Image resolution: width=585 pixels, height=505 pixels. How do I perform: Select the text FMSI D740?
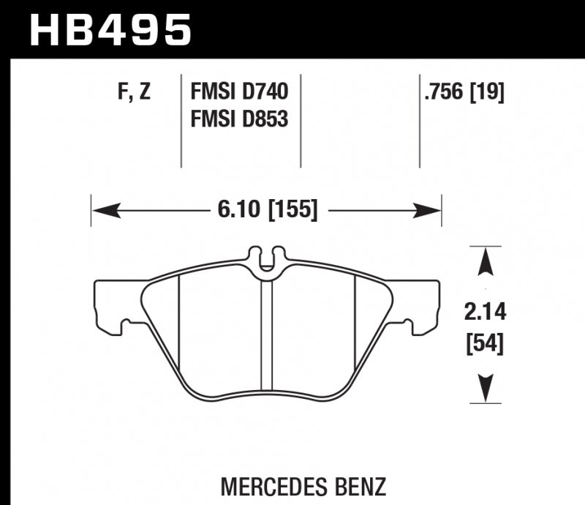point(239,93)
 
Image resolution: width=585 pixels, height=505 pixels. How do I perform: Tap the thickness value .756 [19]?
point(463,93)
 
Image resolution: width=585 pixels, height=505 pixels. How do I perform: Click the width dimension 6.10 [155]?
point(267,211)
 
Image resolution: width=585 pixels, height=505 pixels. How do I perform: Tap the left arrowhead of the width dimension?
point(102,211)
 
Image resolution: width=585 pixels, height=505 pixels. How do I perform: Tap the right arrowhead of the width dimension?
point(431,211)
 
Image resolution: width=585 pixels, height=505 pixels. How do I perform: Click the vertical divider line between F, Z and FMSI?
point(181,121)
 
